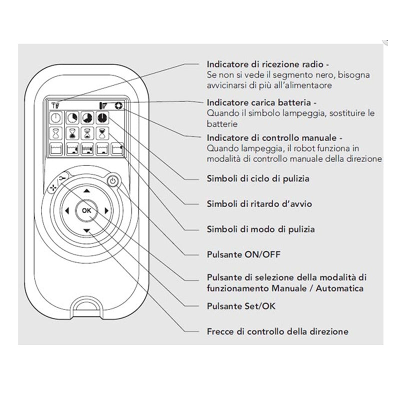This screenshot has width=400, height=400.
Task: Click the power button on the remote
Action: (x=113, y=181)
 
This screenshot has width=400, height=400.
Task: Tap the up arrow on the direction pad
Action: (x=86, y=191)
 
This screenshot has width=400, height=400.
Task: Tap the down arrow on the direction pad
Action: (x=86, y=230)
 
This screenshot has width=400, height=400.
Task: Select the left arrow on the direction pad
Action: (x=66, y=211)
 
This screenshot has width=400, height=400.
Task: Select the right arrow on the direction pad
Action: (x=107, y=211)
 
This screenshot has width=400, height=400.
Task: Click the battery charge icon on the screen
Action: (x=104, y=105)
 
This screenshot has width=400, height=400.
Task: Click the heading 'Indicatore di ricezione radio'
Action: (x=268, y=65)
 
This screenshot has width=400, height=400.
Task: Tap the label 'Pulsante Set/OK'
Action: (x=240, y=305)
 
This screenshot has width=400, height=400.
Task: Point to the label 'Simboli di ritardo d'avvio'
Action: (x=260, y=203)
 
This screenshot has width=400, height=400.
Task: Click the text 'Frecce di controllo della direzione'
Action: (x=277, y=331)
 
